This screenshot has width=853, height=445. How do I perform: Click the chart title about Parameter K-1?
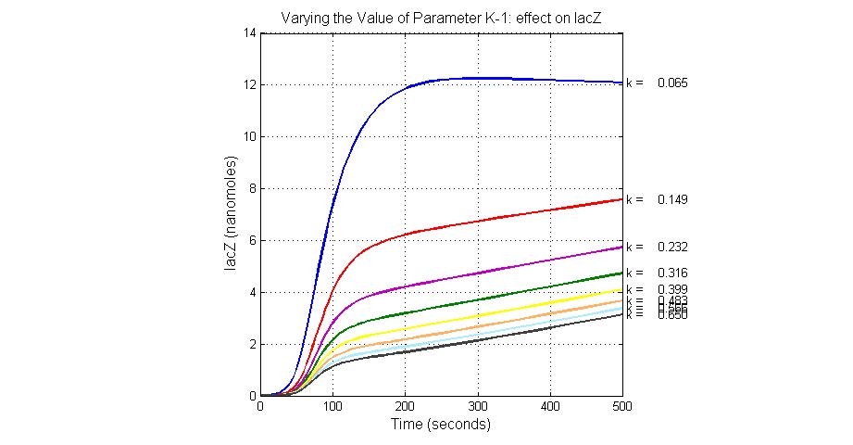click(x=441, y=17)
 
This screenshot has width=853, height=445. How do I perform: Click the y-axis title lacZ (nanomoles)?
click(x=232, y=214)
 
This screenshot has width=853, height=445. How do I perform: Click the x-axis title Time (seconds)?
click(x=441, y=425)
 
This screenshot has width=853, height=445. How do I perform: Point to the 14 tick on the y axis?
click(x=250, y=32)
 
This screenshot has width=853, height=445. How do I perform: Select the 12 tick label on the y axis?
click(x=250, y=84)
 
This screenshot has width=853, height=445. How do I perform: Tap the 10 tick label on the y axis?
click(x=250, y=136)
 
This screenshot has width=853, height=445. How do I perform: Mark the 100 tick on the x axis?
click(x=332, y=406)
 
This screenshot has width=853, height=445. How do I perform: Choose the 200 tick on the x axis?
click(x=405, y=406)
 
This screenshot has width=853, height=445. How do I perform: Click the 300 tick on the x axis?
click(x=478, y=406)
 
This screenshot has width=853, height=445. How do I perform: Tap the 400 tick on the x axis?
click(x=550, y=406)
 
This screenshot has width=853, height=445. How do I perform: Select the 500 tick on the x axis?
click(x=622, y=406)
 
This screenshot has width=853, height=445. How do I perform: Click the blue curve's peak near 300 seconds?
click(x=478, y=78)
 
